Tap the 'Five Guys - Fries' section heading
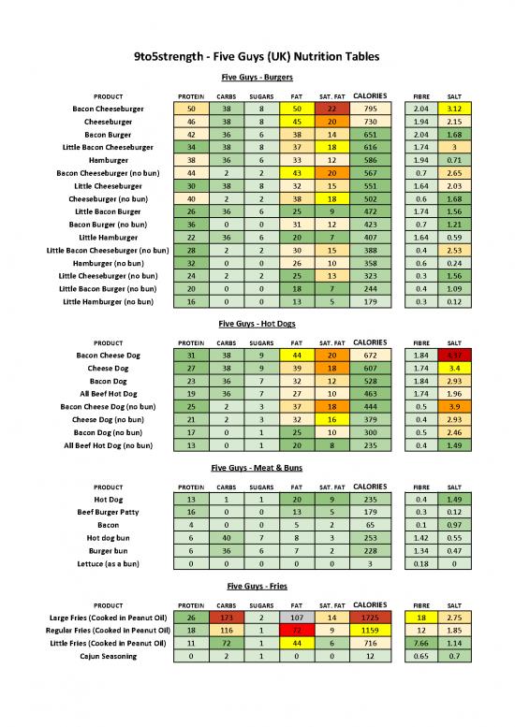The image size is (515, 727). click(257, 586)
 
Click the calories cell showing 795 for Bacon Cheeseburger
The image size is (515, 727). click(367, 109)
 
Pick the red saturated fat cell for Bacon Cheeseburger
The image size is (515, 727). click(331, 109)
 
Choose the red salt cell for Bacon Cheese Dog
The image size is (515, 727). click(453, 356)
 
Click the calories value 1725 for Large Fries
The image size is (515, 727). click(367, 618)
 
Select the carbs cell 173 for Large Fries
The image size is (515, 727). click(226, 618)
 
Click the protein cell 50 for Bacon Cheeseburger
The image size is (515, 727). click(191, 109)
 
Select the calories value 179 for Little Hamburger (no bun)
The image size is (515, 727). click(367, 301)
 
